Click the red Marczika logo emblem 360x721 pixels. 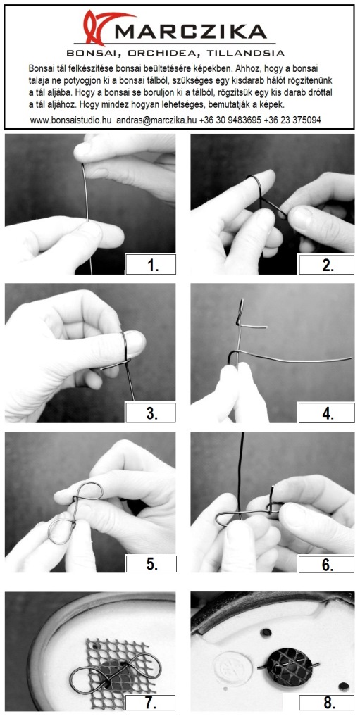point(101,27)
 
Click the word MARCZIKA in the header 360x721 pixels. point(191,32)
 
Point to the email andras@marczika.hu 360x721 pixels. point(156,120)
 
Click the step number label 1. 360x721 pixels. point(151,265)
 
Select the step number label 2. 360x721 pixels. point(326,265)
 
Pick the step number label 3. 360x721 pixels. point(151,413)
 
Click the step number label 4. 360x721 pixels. point(326,413)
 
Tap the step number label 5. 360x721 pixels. point(151,564)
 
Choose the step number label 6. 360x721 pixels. point(326,564)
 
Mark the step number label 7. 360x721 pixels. point(151,703)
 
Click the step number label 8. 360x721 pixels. point(326,703)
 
